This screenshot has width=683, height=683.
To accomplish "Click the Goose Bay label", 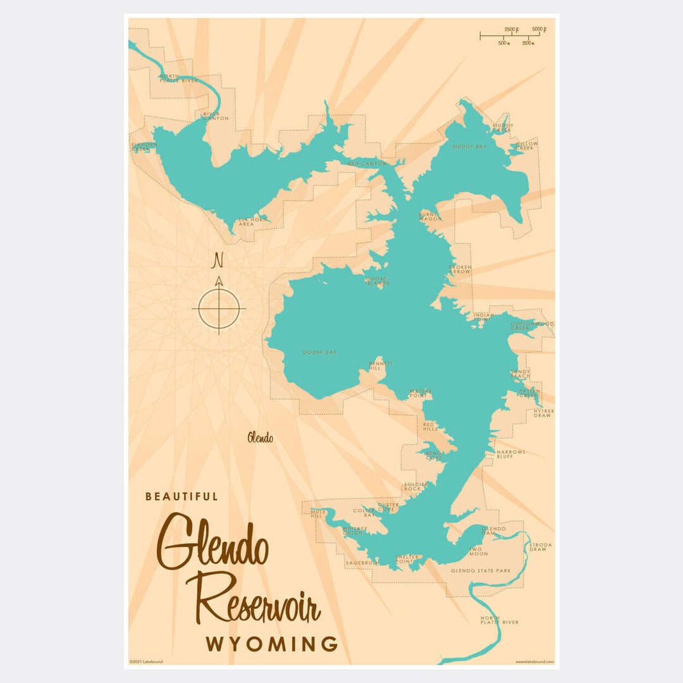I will point(319,352).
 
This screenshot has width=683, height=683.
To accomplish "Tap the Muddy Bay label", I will point(469,147).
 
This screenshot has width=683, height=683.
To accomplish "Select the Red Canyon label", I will point(367,164).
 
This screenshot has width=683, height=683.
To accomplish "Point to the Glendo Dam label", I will point(493,531).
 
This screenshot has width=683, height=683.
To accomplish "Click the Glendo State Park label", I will point(481,570).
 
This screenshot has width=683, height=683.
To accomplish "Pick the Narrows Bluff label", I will point(510,454).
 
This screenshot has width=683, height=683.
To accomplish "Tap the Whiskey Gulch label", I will point(354,531).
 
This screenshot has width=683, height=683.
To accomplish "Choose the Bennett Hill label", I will point(381,366).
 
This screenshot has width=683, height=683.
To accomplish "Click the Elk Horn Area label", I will point(253,221).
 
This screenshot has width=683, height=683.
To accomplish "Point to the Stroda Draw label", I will point(541,547).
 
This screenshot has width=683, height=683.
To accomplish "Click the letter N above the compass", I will point(219,260).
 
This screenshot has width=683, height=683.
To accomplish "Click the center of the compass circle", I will point(219,309).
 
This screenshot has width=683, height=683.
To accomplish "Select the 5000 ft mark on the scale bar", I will point(539,29).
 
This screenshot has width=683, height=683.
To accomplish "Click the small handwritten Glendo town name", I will point(261,437).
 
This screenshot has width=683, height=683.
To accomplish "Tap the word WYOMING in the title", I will point(271,644).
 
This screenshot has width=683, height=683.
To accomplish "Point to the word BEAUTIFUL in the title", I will point(182,496).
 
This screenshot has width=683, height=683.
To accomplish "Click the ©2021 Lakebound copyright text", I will point(146,661).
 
